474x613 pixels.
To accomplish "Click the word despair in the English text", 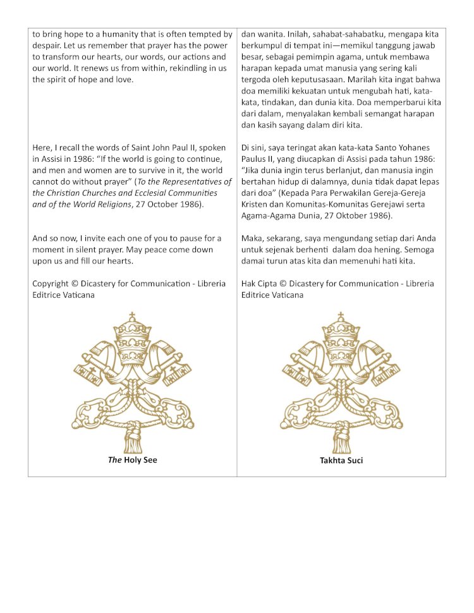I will click(x=47, y=46).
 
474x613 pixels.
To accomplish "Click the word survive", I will click(x=144, y=171).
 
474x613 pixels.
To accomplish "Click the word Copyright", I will click(x=52, y=284).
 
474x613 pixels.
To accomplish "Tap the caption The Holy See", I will click(x=132, y=460).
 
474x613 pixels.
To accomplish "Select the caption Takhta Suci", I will click(x=341, y=461).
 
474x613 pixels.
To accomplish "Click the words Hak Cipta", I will click(x=258, y=284).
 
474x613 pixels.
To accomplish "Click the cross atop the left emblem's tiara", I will click(x=132, y=315).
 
